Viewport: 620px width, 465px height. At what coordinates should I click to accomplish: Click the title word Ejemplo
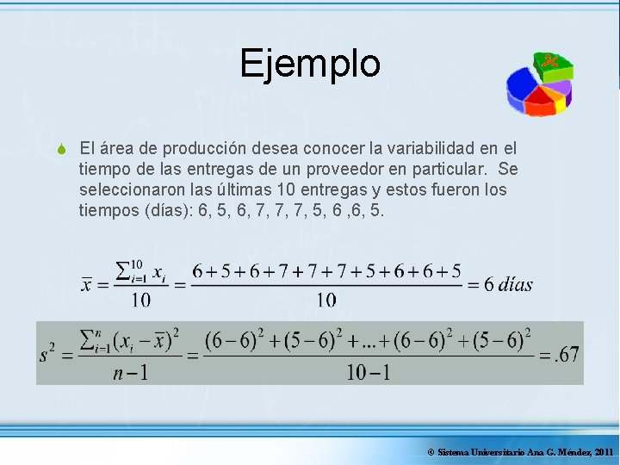(x=310, y=63)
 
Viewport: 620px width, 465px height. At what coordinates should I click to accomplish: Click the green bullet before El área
(x=63, y=149)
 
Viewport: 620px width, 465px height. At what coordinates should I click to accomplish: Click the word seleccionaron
(x=131, y=189)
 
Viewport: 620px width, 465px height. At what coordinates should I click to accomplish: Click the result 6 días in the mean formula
(x=508, y=284)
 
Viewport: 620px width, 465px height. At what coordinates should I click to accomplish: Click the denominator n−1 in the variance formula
(x=129, y=373)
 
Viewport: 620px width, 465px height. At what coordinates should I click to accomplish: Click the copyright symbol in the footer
(x=431, y=452)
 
